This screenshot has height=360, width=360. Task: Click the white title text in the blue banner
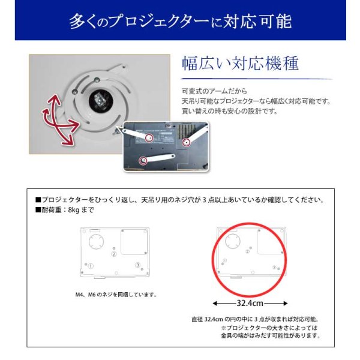coord(180,22)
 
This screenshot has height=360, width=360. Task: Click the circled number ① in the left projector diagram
coord(91,265)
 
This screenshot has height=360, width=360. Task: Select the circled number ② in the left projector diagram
coord(113,254)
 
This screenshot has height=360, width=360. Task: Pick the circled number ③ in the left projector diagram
coord(137,265)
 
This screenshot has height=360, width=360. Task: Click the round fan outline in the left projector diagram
coord(95,241)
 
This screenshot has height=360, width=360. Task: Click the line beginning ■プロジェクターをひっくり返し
coord(181,200)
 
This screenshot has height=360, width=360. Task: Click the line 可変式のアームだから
coord(209,91)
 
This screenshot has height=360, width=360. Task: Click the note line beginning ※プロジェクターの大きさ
coord(268,328)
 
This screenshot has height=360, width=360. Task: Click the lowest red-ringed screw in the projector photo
coord(143,159)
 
